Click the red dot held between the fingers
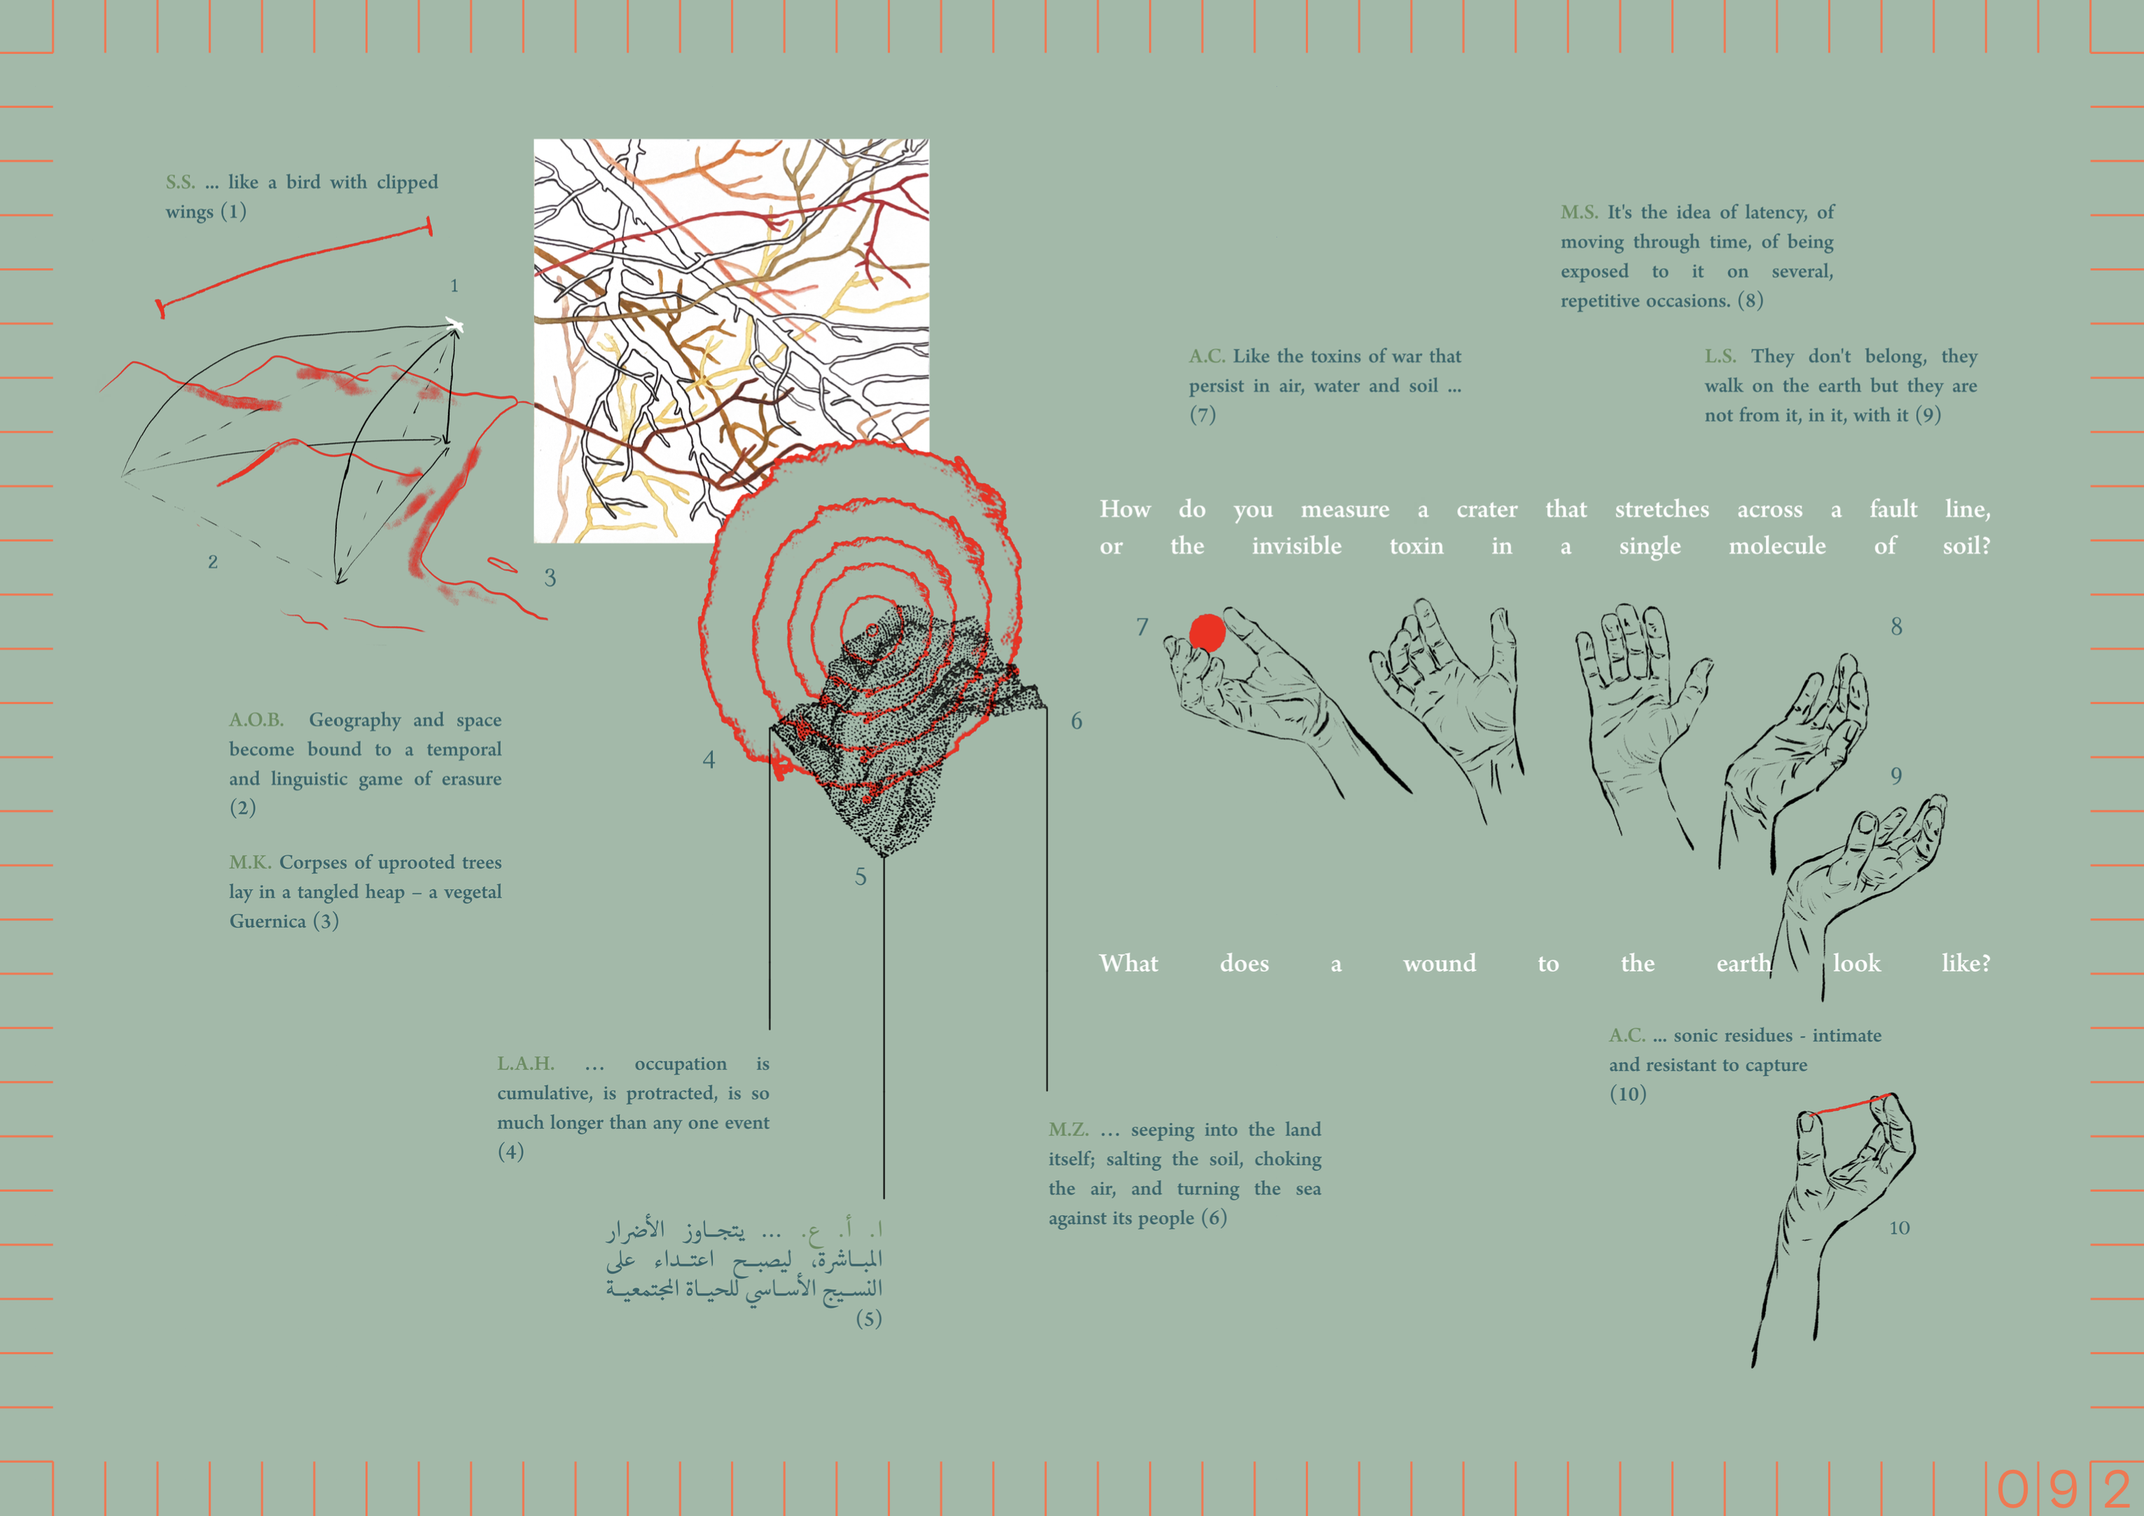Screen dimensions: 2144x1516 tap(1206, 633)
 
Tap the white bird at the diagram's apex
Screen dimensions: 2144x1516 tap(454, 325)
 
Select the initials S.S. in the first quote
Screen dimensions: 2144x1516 tap(180, 182)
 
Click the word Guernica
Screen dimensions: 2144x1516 tap(267, 921)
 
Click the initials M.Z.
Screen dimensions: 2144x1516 tap(1068, 1129)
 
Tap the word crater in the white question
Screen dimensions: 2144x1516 tap(1487, 509)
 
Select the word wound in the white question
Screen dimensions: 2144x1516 tap(1439, 963)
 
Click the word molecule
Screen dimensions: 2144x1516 tap(1777, 546)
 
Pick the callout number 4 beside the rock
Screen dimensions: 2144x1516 tap(709, 759)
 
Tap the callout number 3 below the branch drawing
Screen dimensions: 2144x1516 tap(550, 577)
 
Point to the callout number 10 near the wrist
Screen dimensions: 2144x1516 tap(1900, 1227)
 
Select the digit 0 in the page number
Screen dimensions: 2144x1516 tap(2012, 1488)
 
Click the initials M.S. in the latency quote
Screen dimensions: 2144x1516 tap(1579, 212)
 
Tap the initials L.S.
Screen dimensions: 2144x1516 tap(1720, 356)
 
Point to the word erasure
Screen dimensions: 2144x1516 tap(471, 778)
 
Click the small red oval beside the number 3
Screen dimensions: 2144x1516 tap(502, 563)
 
